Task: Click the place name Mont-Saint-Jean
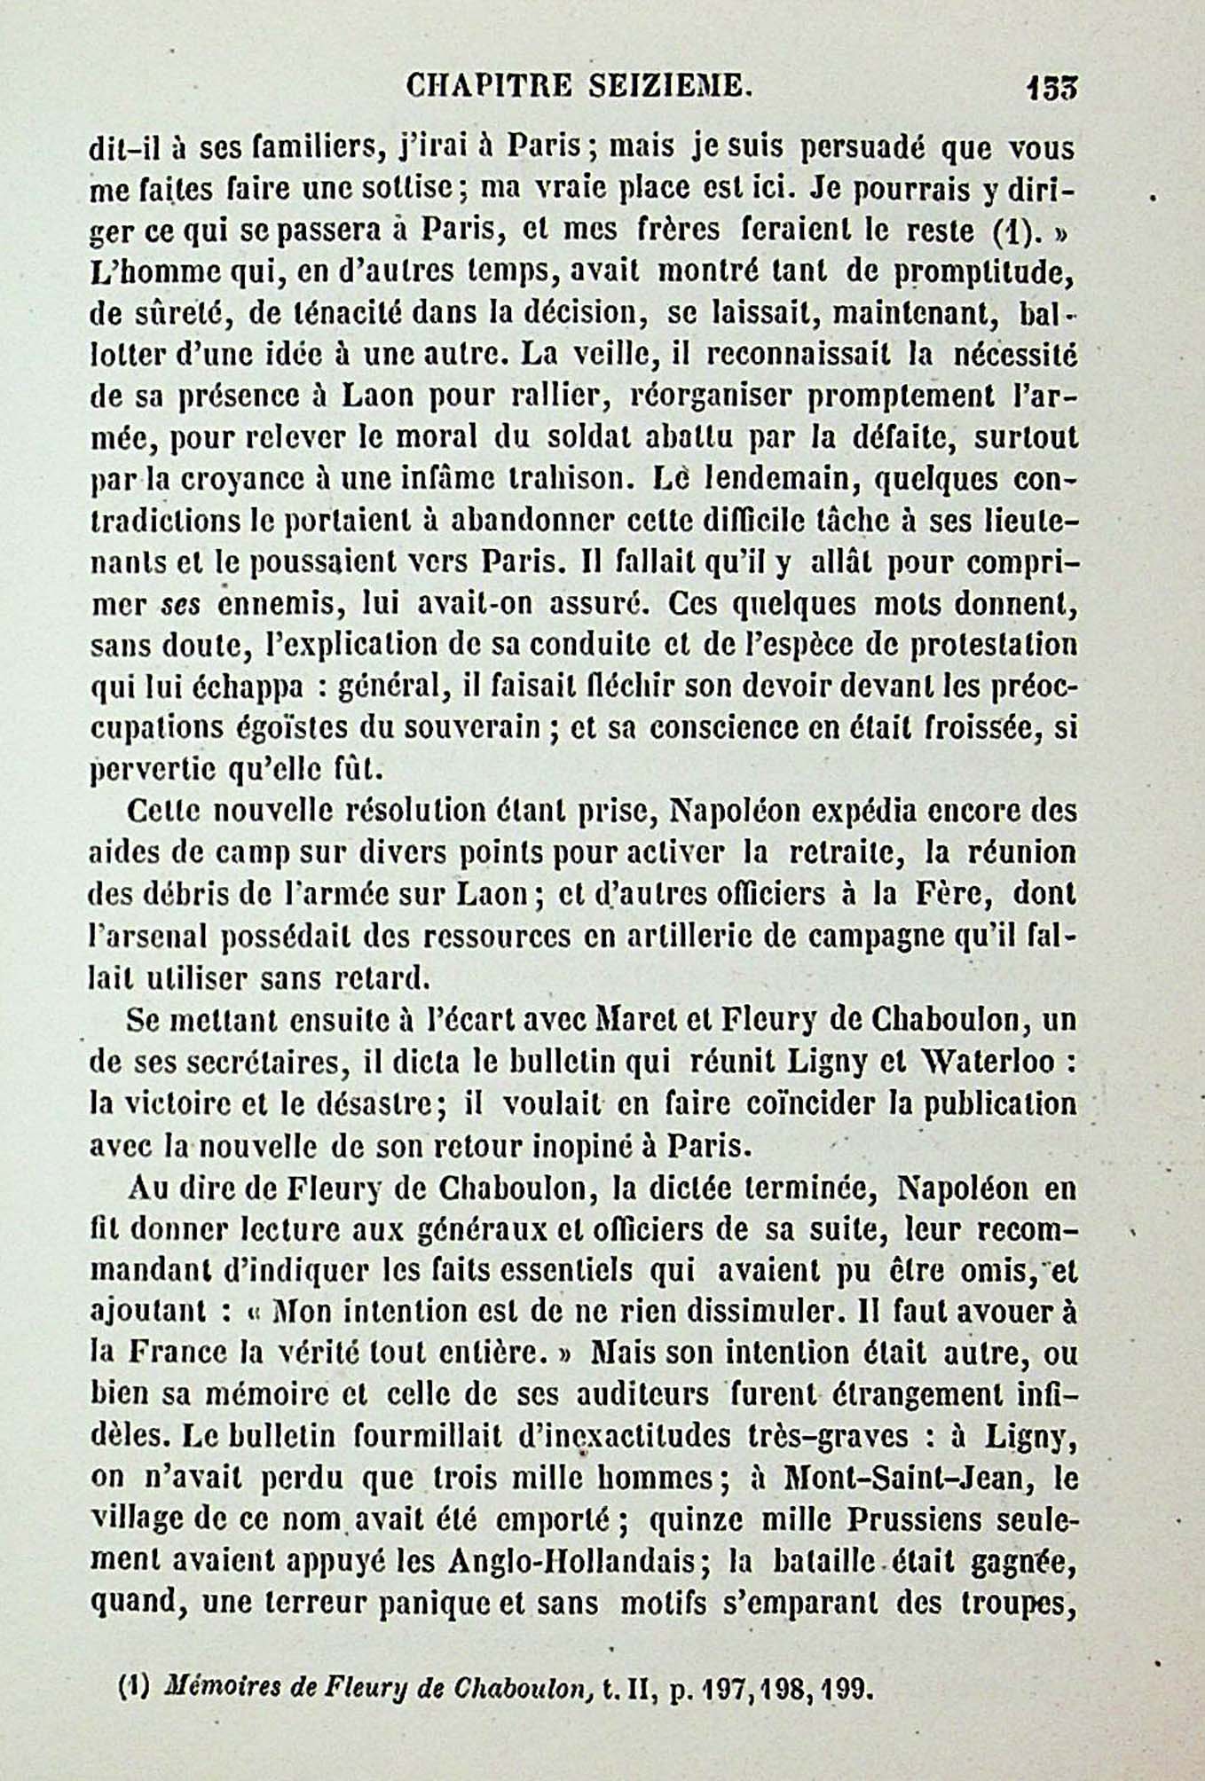[x=896, y=1478]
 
